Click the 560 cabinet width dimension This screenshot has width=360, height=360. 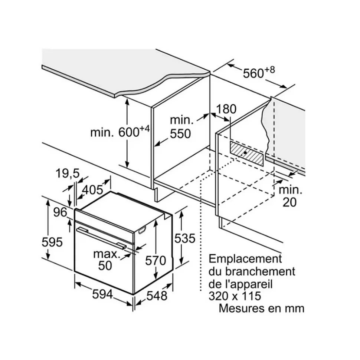(x=259, y=73)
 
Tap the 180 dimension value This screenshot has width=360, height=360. (x=226, y=109)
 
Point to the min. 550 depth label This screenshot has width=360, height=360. (x=181, y=127)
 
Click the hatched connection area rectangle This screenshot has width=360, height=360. (x=246, y=153)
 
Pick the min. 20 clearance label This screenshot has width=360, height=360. (x=290, y=196)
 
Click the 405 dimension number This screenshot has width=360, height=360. (x=92, y=190)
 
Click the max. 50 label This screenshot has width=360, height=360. (x=107, y=260)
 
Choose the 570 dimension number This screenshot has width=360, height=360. (x=155, y=261)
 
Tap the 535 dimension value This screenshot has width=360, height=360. (x=184, y=238)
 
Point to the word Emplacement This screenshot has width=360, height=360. (x=245, y=258)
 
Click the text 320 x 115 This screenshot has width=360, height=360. (x=235, y=296)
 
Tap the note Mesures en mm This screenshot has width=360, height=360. (x=261, y=308)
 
